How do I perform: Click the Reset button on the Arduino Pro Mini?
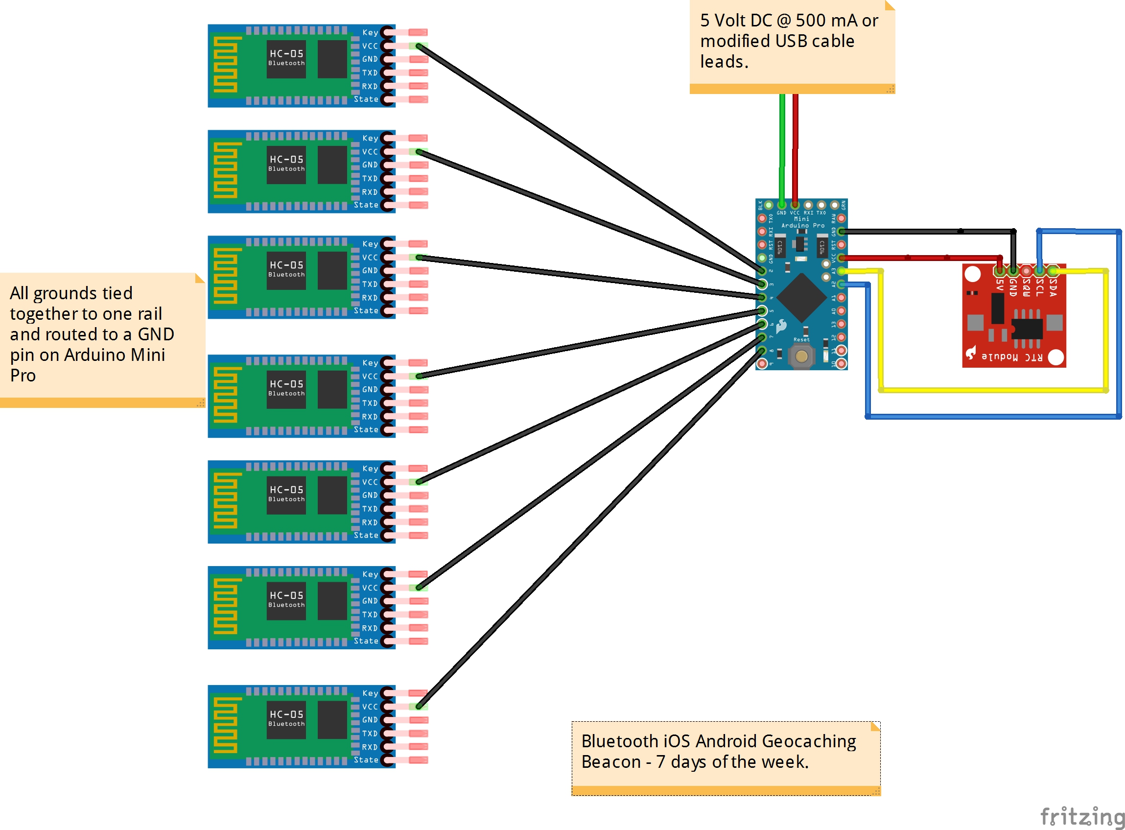[801, 356]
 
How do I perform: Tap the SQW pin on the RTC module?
[1026, 271]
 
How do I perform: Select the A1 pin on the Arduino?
[842, 298]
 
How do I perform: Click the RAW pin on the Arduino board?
[842, 218]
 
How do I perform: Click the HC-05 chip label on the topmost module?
[286, 54]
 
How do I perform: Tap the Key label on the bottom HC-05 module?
[370, 693]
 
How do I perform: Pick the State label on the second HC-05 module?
[366, 205]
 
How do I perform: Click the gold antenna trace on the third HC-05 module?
[226, 276]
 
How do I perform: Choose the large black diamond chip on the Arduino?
[801, 298]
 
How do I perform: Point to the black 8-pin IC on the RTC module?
[1027, 329]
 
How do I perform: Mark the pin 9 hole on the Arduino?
[762, 363]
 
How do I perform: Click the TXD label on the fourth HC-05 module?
[370, 403]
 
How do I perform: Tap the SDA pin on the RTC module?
[1053, 271]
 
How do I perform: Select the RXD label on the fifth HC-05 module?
[370, 522]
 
